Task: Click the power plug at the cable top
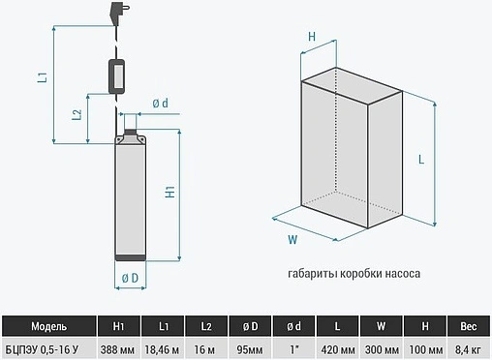point(118,13)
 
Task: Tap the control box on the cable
point(116,76)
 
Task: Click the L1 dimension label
point(43,77)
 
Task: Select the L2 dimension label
point(77,115)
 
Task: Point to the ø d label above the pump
point(160,104)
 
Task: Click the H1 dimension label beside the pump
point(170,192)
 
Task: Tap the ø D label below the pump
point(130,278)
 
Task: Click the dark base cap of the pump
point(131,257)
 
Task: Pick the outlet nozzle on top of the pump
point(130,121)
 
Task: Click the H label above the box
point(312,37)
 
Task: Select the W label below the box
point(292,240)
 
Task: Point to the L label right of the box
point(421,160)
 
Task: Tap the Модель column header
point(49,326)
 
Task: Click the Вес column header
point(469,326)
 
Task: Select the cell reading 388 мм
point(117,349)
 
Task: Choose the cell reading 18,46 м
point(162,349)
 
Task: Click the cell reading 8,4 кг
point(468,349)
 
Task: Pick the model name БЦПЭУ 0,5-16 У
point(42,349)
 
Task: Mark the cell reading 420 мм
point(338,349)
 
